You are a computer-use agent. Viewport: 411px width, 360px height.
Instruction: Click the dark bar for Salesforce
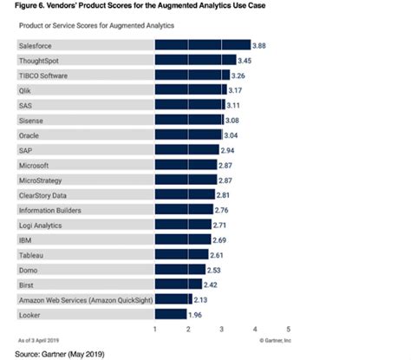(202, 44)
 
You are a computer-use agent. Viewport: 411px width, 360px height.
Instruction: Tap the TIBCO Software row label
(44, 75)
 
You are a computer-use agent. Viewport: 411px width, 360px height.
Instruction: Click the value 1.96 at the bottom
(197, 314)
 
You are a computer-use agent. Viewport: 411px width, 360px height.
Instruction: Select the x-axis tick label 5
(288, 330)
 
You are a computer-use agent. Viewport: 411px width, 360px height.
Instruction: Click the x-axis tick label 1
(154, 330)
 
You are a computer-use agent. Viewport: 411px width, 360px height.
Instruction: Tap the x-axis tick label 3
(221, 330)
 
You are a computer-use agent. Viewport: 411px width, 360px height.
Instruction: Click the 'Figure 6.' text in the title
(19, 6)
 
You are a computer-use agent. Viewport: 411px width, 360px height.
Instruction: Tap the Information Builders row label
(50, 209)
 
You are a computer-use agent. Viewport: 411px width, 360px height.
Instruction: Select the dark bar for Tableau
(181, 254)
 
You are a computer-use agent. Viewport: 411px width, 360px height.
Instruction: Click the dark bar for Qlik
(190, 89)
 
